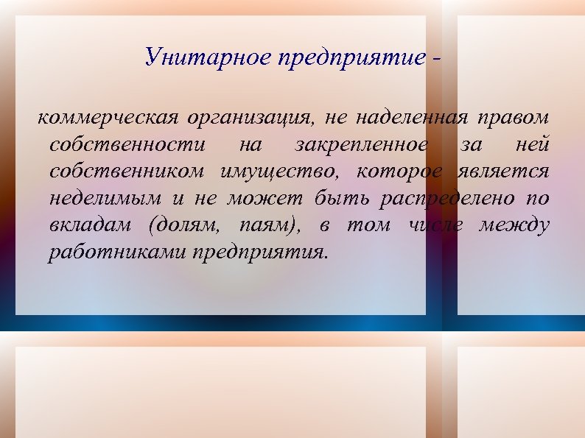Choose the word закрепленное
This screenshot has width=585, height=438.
tap(360, 146)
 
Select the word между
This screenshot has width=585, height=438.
tap(514, 226)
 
